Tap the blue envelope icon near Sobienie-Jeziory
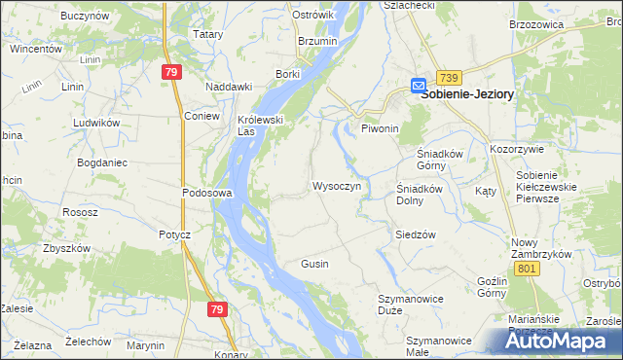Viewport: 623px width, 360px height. coord(418,85)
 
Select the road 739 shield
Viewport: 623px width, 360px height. coord(448,77)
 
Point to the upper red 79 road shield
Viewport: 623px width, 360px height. coord(171,72)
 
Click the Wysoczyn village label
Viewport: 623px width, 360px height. coord(337,185)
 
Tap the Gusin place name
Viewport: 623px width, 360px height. coord(314,264)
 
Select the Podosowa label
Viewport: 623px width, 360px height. coord(206,193)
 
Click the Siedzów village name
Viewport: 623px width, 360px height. coord(415,234)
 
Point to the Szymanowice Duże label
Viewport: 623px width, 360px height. coord(408,304)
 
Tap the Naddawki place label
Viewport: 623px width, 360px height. coord(229,87)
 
